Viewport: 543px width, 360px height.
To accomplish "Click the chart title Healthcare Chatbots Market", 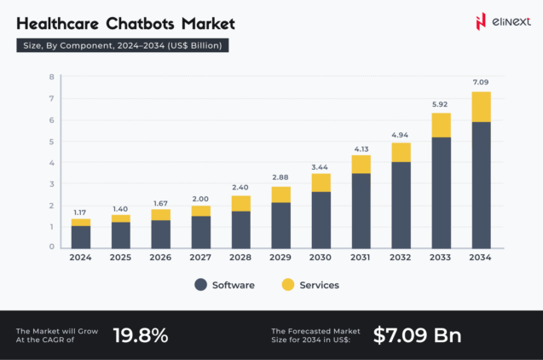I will (125, 23).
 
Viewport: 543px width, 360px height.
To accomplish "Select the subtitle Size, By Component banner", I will (123, 46).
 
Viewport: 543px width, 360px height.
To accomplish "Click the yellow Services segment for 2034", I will (481, 107).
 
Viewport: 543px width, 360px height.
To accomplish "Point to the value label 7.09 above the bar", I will (481, 82).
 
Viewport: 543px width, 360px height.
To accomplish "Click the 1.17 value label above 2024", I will (81, 211).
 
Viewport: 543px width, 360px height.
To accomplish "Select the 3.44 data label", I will (321, 165).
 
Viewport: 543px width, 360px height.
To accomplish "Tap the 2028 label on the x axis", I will (240, 258).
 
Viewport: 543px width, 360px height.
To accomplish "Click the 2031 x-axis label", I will (361, 258).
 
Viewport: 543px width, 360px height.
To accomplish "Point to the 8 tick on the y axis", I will (51, 77).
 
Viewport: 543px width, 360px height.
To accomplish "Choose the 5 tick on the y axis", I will (51, 141).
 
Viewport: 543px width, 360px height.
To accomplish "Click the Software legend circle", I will (200, 285).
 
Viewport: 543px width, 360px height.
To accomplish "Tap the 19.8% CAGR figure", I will (141, 335).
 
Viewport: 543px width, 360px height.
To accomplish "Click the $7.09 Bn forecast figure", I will (417, 335).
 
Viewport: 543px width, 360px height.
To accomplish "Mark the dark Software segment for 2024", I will (81, 236).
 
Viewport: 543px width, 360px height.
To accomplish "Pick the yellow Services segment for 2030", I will (321, 183).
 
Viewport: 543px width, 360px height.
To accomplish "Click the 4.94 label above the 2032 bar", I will (401, 134).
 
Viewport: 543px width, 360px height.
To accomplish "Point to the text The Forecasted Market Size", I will (315, 335).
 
